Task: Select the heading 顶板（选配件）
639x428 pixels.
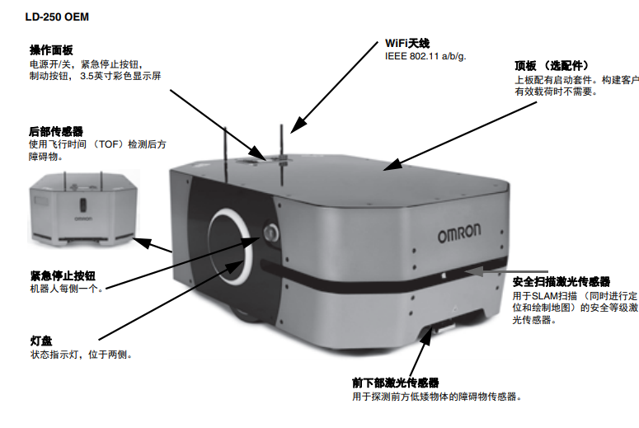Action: click(551, 64)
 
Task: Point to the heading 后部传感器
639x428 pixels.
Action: click(55, 130)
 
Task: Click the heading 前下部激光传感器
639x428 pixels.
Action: click(394, 383)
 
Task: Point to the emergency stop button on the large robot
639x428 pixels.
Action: click(270, 233)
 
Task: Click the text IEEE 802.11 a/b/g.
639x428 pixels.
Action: click(426, 57)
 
